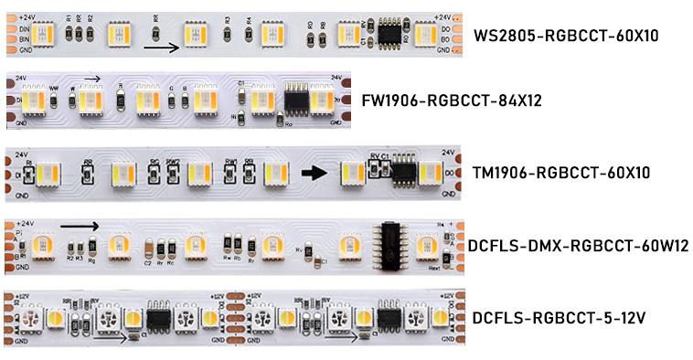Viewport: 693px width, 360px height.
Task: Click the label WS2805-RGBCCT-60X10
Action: tap(566, 37)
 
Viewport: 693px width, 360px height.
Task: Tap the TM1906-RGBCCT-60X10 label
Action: tap(560, 172)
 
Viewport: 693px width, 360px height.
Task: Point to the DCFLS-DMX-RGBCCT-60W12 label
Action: tap(577, 246)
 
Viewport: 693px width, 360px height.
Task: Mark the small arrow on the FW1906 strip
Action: tap(89, 79)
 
